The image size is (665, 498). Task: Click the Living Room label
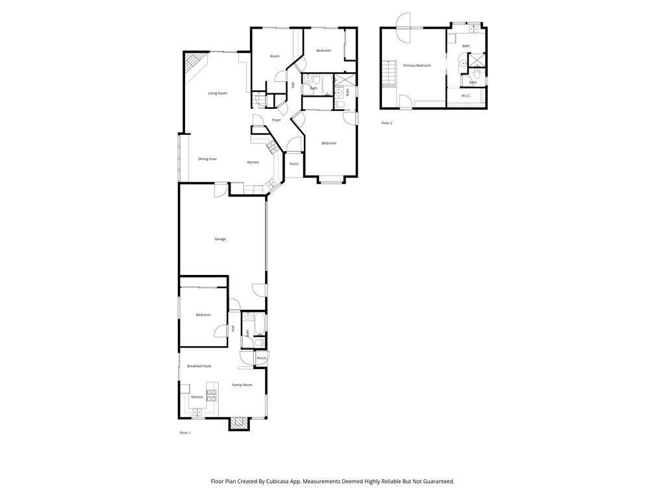[218, 93]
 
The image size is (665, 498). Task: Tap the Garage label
[220, 239]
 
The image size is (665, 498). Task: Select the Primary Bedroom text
[417, 65]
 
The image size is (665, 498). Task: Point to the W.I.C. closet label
[466, 96]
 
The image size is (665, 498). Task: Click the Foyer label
[277, 120]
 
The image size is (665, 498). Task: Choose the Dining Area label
[207, 159]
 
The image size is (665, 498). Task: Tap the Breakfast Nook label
[199, 366]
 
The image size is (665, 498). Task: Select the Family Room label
[242, 385]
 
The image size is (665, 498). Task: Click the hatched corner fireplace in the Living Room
[194, 64]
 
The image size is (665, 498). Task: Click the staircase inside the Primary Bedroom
[388, 71]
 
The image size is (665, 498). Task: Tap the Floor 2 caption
[386, 123]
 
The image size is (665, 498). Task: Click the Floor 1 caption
[185, 433]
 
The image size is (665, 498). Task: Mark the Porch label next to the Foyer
[294, 164]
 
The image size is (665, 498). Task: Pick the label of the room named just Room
[275, 56]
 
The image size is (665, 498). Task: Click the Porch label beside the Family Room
[262, 359]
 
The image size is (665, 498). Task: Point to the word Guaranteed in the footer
[437, 482]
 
